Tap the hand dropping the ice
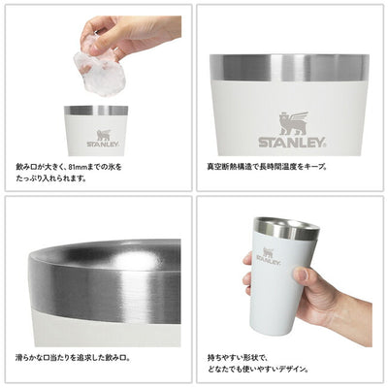[x=129, y=34]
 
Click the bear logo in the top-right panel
[x=294, y=123]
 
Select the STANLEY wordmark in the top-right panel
[x=292, y=143]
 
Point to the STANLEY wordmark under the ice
[x=103, y=145]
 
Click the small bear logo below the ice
[x=104, y=135]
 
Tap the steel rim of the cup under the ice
[x=96, y=111]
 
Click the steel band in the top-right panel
[x=289, y=67]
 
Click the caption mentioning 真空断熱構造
[x=267, y=167]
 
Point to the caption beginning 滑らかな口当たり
[x=73, y=358]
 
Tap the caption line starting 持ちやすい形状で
[x=238, y=358]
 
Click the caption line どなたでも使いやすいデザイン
[x=258, y=369]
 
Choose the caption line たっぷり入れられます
[x=51, y=178]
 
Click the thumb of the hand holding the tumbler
[x=304, y=275]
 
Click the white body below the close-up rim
[x=107, y=333]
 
